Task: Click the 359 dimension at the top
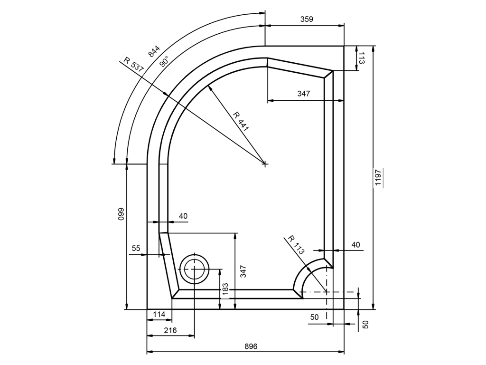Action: coord(307,19)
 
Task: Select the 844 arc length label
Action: coord(154,51)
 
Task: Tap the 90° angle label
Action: coord(164,61)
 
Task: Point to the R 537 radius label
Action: coord(133,65)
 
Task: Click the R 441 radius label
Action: coord(241,121)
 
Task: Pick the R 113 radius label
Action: coord(296,245)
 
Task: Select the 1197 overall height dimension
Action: coord(378,178)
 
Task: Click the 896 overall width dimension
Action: coord(251,346)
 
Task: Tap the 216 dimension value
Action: coord(170,330)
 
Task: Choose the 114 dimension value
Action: coord(159,315)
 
